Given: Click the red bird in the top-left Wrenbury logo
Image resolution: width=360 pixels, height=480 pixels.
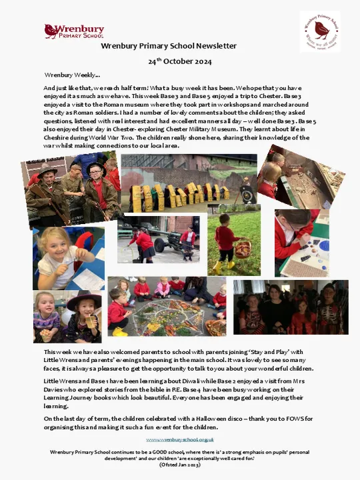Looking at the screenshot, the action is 51,30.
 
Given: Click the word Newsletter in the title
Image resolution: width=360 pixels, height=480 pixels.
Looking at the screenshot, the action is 214,46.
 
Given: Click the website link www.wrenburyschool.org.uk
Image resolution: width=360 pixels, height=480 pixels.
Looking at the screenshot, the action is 179,440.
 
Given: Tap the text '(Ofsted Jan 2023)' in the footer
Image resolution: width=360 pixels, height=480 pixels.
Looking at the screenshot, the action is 179,465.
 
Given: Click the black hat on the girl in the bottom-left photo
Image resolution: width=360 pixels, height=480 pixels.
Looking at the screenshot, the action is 83,300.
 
